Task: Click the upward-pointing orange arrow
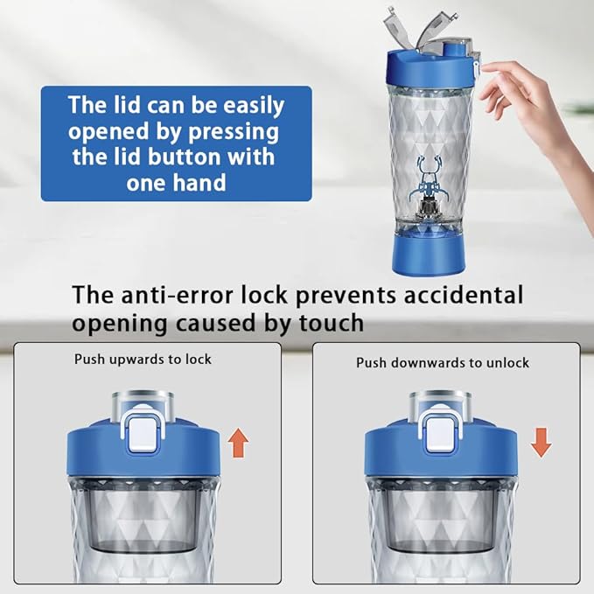[x=238, y=443]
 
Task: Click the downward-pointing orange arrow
[x=541, y=443]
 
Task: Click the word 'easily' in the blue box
[x=254, y=106]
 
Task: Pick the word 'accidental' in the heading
[x=464, y=294]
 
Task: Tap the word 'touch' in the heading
[x=332, y=323]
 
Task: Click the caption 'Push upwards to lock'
[x=143, y=360]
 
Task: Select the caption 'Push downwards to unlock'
[x=443, y=363]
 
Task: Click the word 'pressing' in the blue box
[x=234, y=133]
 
